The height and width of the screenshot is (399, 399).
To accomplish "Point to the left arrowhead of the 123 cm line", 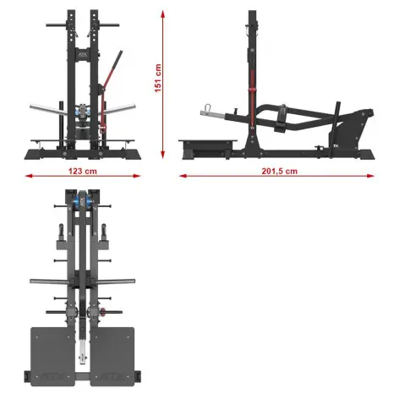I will point(27,176).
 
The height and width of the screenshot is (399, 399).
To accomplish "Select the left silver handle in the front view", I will point(43,108).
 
